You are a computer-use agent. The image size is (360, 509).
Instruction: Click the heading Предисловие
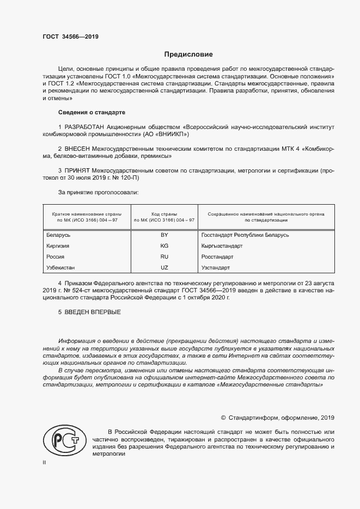coord(189,54)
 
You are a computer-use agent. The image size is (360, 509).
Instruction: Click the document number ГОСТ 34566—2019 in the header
coord(70,37)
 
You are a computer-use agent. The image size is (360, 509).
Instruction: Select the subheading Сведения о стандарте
coord(91,112)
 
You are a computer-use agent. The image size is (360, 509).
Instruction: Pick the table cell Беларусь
coord(59,235)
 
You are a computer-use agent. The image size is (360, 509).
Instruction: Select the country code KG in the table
coord(164,246)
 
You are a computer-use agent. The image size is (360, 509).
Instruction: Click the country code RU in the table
coord(164,257)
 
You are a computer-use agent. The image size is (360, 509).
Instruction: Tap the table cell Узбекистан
coord(61,268)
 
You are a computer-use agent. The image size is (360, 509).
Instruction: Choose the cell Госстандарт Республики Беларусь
coord(245,235)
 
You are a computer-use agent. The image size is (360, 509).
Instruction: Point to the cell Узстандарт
coord(216,268)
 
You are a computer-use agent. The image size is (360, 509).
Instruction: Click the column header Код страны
coord(164,214)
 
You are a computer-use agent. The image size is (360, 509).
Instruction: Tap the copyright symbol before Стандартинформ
coord(223,418)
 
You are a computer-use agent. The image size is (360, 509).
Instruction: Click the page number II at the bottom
coord(44,462)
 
